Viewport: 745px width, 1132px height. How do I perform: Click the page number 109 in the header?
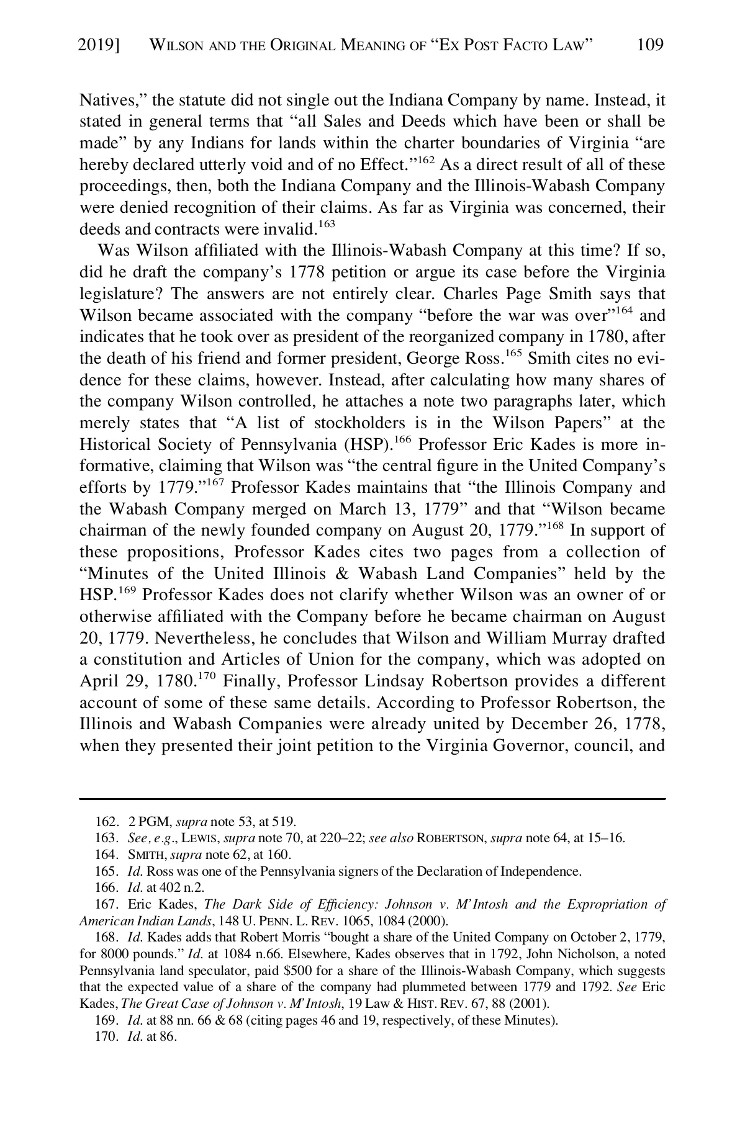[650, 45]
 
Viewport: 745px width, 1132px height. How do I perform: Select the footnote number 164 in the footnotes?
[104, 855]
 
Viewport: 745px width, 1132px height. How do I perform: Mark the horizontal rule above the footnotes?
[372, 799]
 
